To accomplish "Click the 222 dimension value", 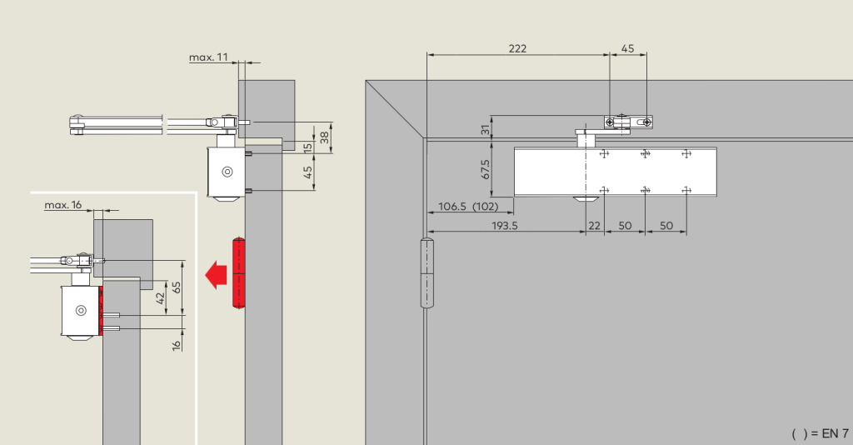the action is [517, 48].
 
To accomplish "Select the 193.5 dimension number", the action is [505, 225].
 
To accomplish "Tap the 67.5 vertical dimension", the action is [486, 168].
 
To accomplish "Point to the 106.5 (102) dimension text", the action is [468, 206].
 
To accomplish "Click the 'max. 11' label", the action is [208, 57].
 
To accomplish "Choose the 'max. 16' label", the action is [63, 205].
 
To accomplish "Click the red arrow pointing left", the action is [216, 275].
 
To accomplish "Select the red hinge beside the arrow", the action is [239, 272].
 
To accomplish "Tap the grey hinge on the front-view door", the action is [427, 273].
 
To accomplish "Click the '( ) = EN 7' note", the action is [820, 433].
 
